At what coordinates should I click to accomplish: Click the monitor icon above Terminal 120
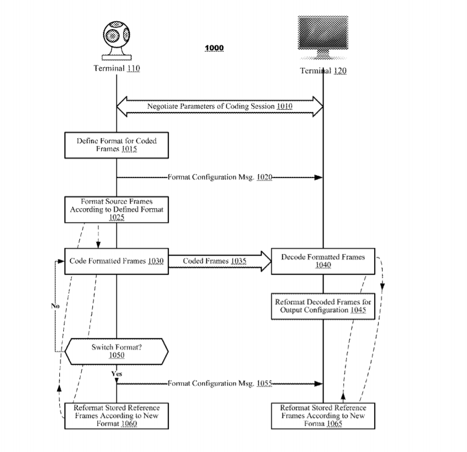coord(323,37)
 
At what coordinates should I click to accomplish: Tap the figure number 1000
coord(214,48)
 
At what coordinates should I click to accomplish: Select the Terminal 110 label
coord(116,69)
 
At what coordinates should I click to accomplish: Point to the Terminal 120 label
coord(323,71)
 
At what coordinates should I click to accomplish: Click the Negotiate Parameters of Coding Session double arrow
coord(220,106)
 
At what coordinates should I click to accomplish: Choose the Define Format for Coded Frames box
coord(116,145)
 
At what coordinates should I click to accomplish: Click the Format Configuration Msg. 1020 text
coord(220,177)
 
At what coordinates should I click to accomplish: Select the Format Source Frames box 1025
coord(116,209)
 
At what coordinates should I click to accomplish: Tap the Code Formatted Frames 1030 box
coord(116,261)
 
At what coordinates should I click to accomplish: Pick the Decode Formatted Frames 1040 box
coord(323,261)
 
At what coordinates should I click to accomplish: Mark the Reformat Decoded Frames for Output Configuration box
coord(323,306)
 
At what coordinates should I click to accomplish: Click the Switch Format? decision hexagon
coord(116,351)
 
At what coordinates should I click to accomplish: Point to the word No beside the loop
coord(55,306)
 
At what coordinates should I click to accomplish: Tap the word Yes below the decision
coord(116,373)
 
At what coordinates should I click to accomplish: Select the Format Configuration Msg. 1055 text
coord(220,384)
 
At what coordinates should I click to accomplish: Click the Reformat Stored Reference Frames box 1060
coord(116,416)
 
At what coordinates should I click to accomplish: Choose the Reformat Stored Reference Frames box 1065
coord(323,416)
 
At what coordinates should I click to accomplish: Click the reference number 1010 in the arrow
coord(285,106)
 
